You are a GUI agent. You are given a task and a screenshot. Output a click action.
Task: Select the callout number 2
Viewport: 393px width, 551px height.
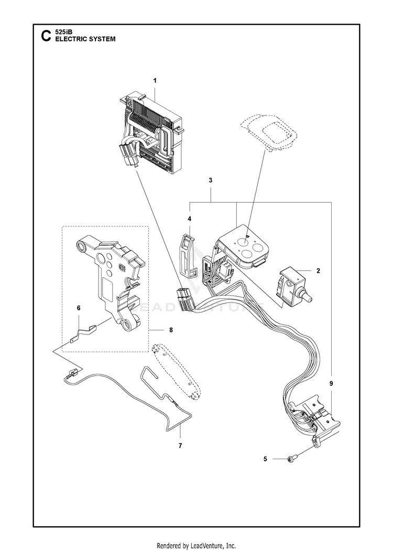coord(318,271)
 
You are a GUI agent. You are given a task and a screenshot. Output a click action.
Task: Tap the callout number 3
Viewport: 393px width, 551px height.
coord(210,180)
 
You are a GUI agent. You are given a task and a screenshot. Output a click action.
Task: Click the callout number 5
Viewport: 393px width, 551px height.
coord(266,459)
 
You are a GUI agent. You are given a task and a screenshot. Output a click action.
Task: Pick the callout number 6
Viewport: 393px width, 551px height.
coord(79,308)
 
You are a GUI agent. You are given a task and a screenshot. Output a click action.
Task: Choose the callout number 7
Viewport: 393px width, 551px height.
coord(180,446)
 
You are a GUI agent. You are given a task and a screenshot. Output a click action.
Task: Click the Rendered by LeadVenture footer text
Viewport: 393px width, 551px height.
coord(196,545)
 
